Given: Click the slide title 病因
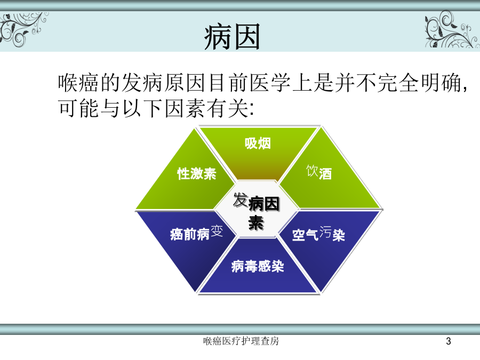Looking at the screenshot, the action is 233,37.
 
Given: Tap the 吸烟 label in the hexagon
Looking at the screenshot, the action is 258,143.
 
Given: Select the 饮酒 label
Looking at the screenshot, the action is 319,172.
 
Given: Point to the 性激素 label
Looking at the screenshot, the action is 197,173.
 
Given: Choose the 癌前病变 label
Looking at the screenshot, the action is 196,233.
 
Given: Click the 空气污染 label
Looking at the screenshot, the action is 319,234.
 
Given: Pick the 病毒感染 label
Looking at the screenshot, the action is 258,266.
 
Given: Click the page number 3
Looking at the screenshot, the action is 449,341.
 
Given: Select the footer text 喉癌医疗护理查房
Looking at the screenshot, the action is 241,341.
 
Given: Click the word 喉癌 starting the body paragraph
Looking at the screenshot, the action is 79,83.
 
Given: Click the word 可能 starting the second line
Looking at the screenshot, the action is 79,108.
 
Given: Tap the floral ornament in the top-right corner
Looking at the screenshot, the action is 452,29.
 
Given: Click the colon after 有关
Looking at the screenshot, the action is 252,109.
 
